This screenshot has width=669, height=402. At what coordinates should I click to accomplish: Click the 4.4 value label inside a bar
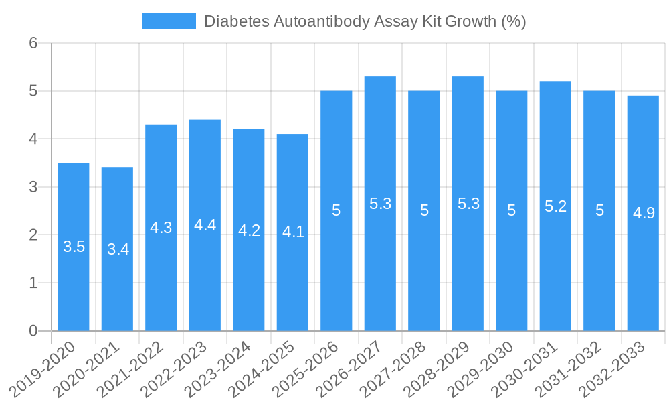205,225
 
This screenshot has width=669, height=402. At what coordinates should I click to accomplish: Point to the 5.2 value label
555,206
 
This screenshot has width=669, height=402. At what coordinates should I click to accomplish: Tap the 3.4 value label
118,249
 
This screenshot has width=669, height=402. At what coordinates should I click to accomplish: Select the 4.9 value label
644,213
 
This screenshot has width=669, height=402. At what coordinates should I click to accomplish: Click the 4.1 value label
293,232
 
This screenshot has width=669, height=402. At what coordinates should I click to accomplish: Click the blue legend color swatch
169,21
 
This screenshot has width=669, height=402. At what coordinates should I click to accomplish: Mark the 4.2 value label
249,230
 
